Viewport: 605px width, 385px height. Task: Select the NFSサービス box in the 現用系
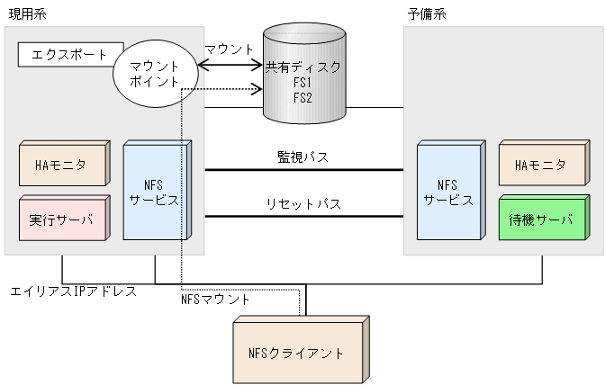point(156,190)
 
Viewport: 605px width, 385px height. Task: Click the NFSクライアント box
point(301,352)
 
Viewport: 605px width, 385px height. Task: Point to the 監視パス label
point(302,157)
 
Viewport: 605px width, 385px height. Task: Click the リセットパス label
point(302,204)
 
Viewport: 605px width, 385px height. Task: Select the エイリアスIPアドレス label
point(72,291)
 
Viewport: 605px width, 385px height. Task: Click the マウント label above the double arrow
point(229,49)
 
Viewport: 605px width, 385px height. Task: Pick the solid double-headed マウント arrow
point(229,65)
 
